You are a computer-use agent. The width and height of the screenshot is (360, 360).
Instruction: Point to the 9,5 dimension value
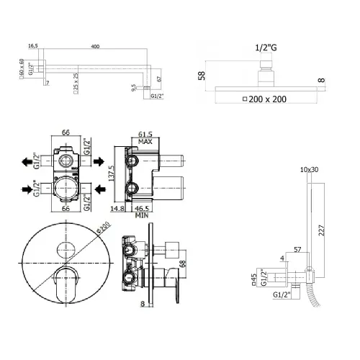(x=133, y=89)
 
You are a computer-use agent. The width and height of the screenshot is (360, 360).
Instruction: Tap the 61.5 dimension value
(x=145, y=134)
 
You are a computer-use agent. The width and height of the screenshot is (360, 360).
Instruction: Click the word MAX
(x=146, y=143)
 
